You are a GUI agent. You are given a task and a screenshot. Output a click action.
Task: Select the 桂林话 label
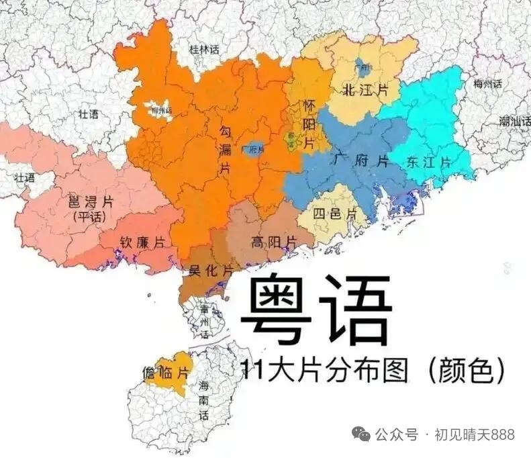coord(203,49)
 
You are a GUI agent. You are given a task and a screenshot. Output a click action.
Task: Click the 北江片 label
coord(365,91)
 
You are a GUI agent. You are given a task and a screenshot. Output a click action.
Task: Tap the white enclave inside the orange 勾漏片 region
coord(160,109)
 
